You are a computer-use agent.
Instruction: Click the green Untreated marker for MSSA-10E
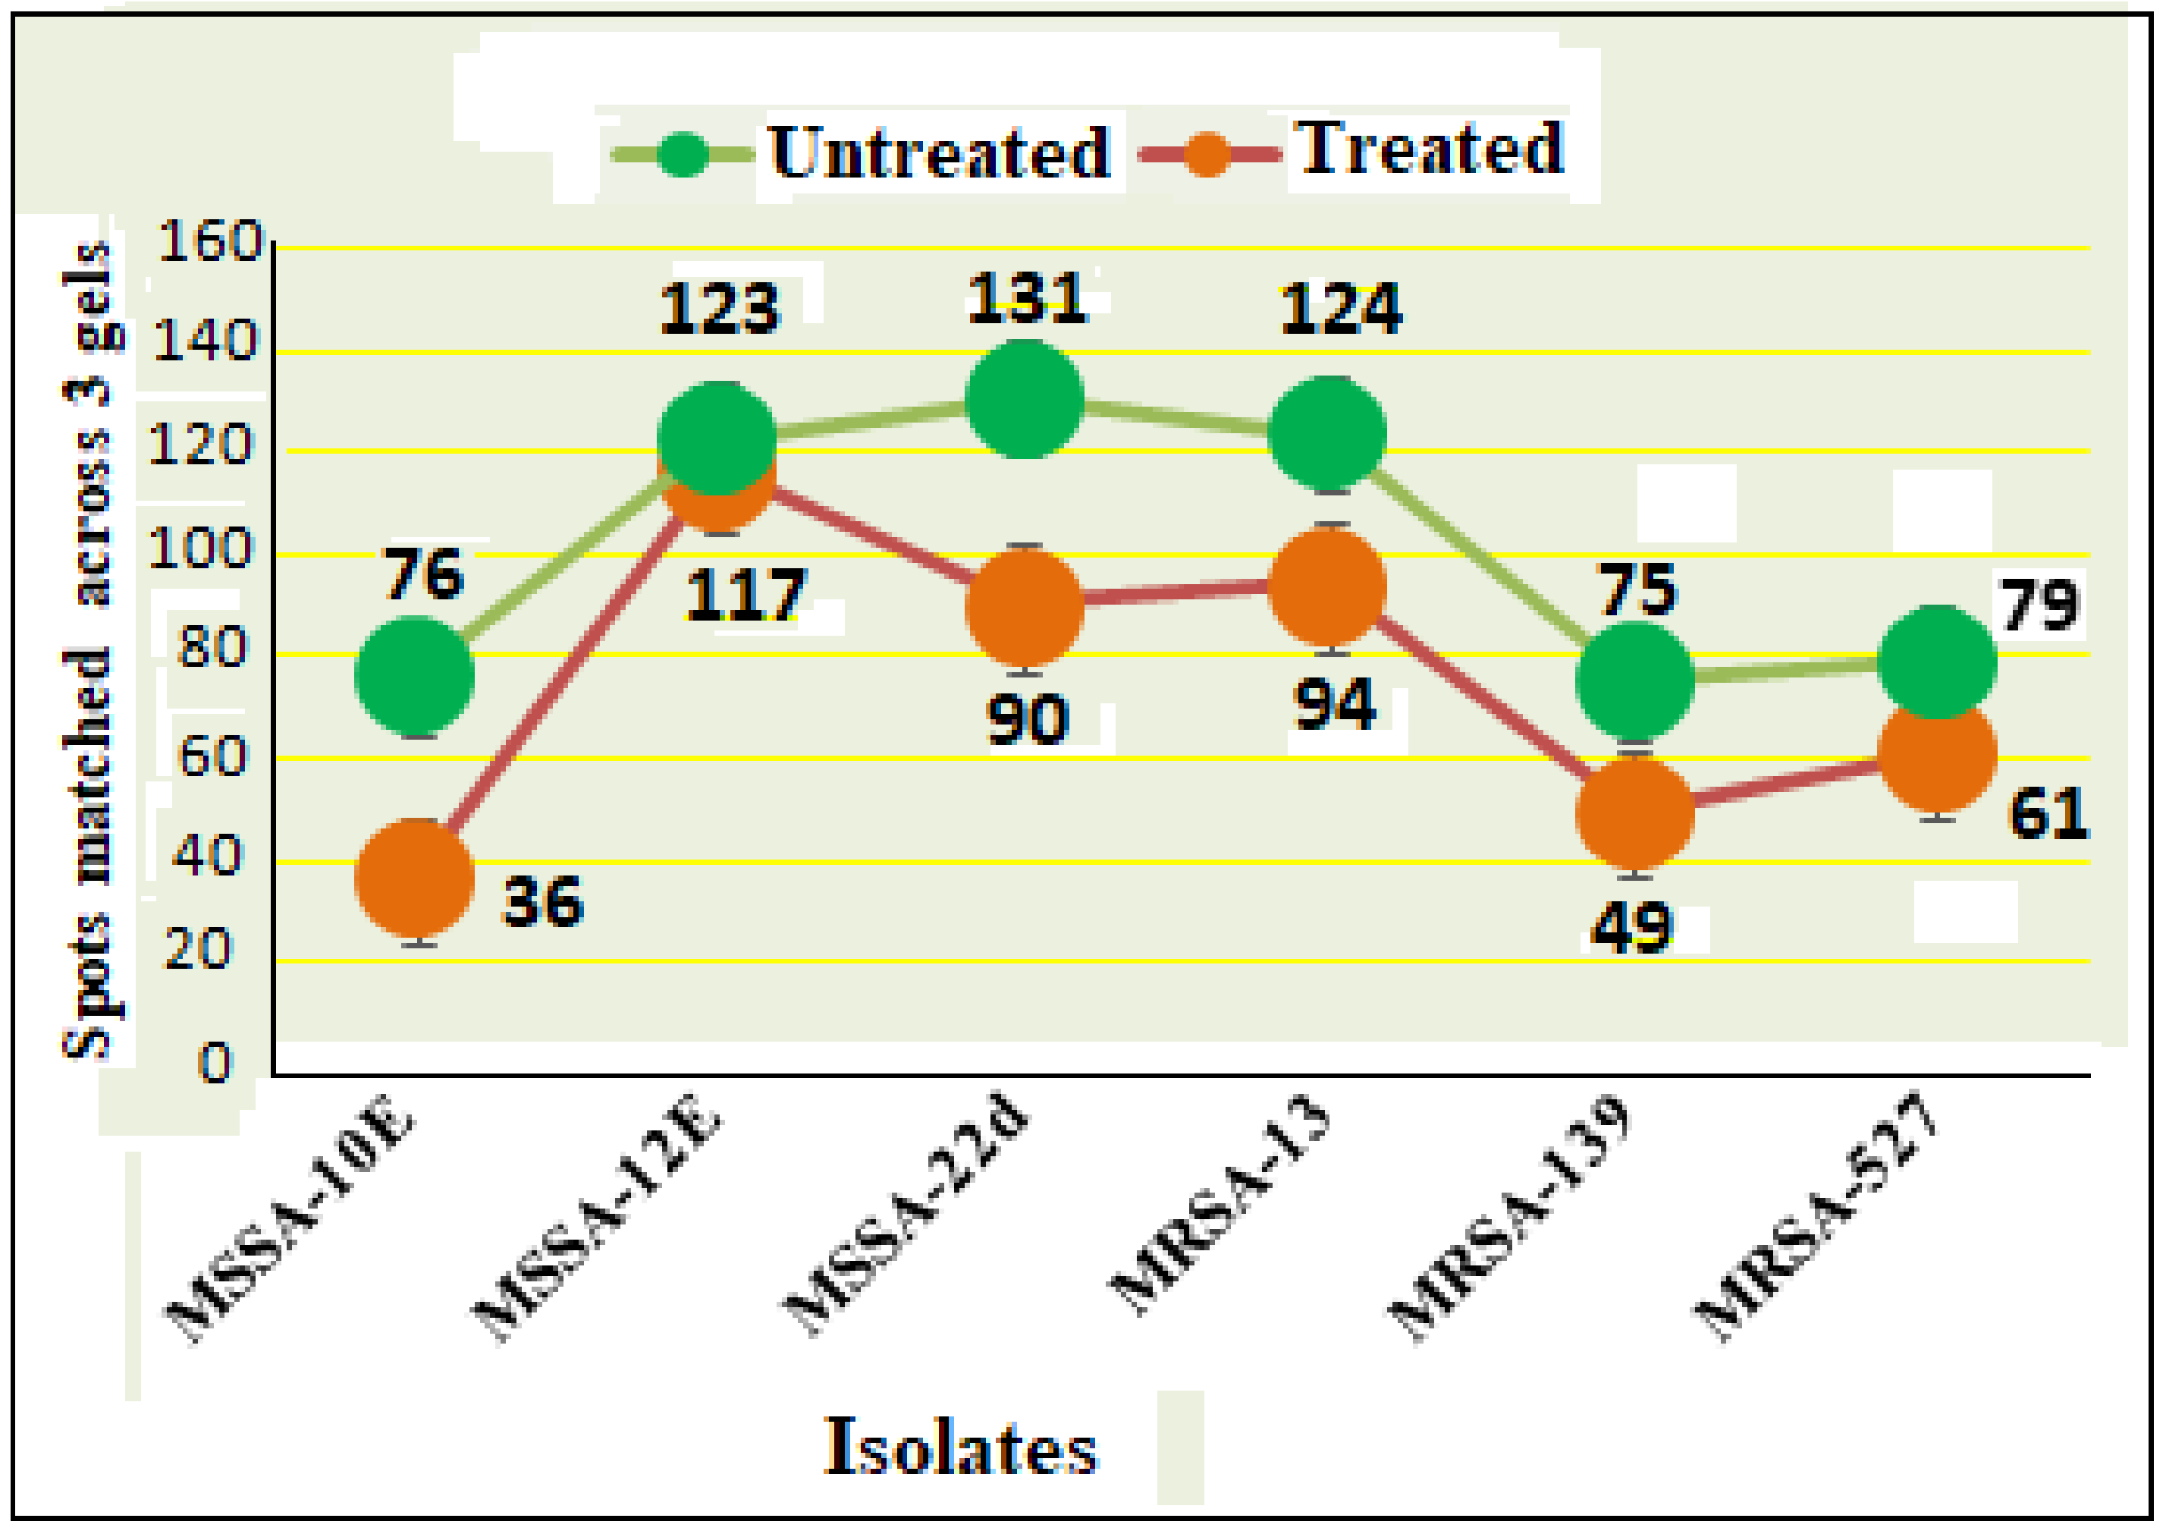point(415,676)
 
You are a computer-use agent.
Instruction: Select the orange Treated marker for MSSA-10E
point(415,879)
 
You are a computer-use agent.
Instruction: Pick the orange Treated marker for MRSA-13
point(1327,587)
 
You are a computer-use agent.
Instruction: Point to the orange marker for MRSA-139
point(1635,813)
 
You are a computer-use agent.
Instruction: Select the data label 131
point(1028,298)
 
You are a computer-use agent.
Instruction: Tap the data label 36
point(543,901)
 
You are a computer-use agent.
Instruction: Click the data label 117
point(746,594)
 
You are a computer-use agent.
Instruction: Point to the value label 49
point(1631,928)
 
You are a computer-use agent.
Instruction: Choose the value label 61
point(2047,814)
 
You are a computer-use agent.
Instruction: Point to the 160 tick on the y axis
point(209,242)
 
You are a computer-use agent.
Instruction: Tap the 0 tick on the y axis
point(215,1064)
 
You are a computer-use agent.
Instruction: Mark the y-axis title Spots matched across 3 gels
point(89,650)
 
